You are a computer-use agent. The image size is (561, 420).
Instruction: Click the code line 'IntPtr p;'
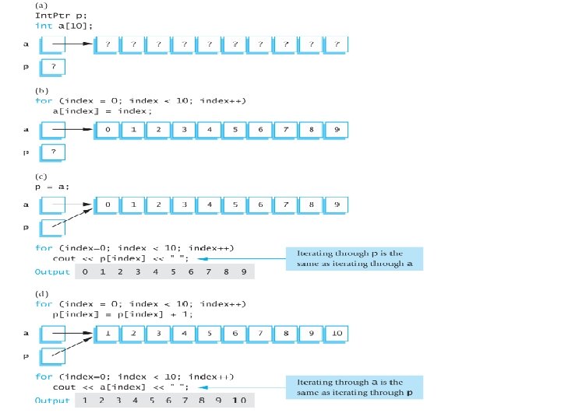coord(58,15)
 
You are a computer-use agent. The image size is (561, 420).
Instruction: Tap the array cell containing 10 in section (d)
coord(337,334)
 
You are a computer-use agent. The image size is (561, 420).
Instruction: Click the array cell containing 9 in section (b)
coord(337,129)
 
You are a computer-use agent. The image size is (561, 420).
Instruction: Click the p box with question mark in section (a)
coord(53,68)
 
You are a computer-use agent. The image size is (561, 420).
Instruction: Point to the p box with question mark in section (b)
coord(53,152)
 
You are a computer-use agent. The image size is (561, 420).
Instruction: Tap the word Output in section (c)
coord(52,272)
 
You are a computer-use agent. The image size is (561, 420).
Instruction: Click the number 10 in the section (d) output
coord(238,401)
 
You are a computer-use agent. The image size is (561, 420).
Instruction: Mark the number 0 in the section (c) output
coord(85,272)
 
